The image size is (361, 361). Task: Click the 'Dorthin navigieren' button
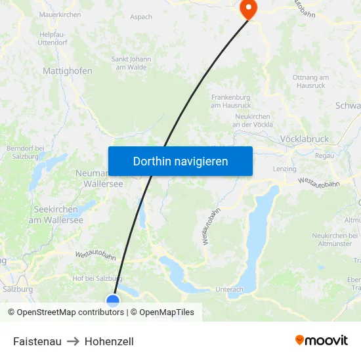point(180,161)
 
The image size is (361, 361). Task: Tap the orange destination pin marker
point(249,9)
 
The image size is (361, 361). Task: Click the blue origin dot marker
point(113,301)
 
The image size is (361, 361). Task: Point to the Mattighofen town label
point(68,71)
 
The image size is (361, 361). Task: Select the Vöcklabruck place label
point(304,140)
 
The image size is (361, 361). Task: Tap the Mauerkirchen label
point(60,14)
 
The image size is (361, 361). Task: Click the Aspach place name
point(141,17)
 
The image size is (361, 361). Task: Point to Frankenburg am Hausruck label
point(232,100)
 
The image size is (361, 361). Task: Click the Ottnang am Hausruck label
point(311,81)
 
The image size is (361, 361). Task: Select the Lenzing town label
point(285,169)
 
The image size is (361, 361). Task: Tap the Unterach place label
point(229,289)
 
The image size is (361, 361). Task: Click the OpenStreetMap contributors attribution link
point(70,312)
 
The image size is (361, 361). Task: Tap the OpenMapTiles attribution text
point(167,312)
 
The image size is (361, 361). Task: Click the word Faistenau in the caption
point(37,341)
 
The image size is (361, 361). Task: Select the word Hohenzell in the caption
point(109,341)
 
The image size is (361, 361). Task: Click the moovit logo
point(322,341)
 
